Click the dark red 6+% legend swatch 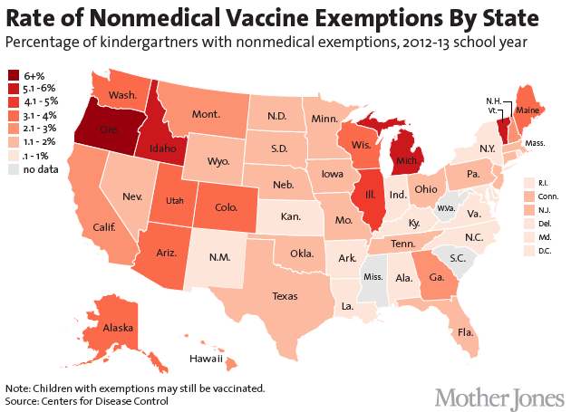(x=14, y=75)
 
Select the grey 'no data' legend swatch (x=14, y=169)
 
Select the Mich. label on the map (x=407, y=165)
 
